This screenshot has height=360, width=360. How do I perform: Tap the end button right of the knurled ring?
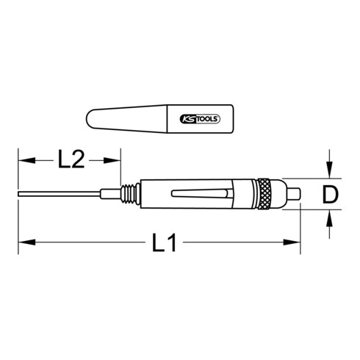pos(291,195)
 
